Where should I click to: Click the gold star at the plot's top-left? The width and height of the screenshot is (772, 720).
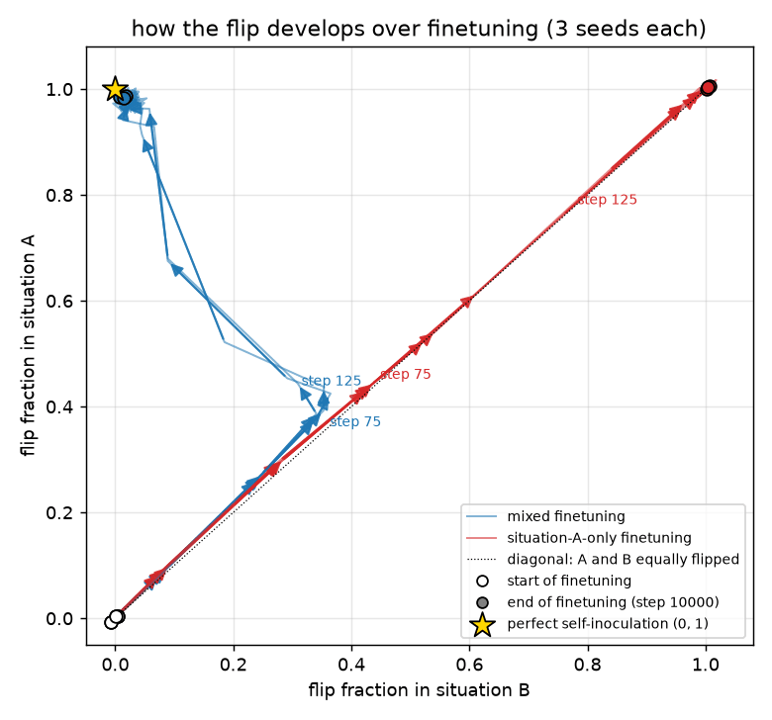click(x=115, y=90)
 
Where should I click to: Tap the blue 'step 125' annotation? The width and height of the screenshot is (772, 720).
click(x=332, y=381)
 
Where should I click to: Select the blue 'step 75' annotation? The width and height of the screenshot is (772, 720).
click(x=355, y=421)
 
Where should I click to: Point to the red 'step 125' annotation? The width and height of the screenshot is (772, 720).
click(x=607, y=200)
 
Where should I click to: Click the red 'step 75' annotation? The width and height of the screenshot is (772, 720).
click(x=406, y=375)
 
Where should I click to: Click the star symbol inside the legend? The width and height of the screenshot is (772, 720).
click(x=483, y=624)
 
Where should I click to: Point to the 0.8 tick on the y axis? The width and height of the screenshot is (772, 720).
click(x=59, y=196)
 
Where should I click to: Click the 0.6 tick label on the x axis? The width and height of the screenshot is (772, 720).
click(x=470, y=665)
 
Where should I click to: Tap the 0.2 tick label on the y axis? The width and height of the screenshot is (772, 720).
click(x=59, y=513)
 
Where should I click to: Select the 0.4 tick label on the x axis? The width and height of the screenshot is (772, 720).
click(x=351, y=665)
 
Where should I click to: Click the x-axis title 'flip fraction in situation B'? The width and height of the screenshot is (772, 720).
click(x=419, y=690)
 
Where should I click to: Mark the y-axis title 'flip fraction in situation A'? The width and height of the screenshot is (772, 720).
click(x=28, y=346)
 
